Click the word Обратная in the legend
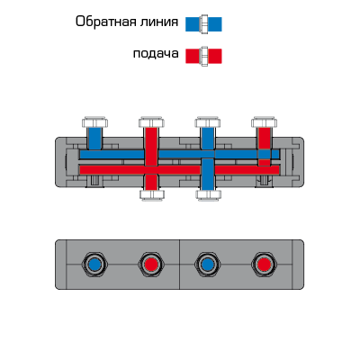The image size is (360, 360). coord(103,22)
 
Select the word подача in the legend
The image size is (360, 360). coord(156,54)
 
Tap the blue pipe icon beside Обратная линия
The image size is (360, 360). coord(203,24)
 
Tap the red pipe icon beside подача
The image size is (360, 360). coord(203,56)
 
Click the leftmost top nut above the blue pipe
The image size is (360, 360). coord(94,121)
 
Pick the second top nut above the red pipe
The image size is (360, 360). coord(151,121)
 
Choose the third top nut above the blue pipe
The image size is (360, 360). coord(208,121)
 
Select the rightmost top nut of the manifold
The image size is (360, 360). coord(264,121)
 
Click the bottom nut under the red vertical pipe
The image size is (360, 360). coord(152,194)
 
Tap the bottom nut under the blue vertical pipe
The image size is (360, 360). coord(208,194)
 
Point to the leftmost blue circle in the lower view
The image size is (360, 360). coord(94,265)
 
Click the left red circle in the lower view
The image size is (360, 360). coord(151,265)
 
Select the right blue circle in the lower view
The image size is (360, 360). coord(208,265)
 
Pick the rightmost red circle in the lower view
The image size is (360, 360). coord(264,265)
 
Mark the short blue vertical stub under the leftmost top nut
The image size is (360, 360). coord(94,139)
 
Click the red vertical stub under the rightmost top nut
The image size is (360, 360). coord(265,139)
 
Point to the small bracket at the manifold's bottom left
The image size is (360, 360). coord(94,181)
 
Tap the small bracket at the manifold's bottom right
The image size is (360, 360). coord(264,181)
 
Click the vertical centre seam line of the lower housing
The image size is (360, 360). coord(179,265)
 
